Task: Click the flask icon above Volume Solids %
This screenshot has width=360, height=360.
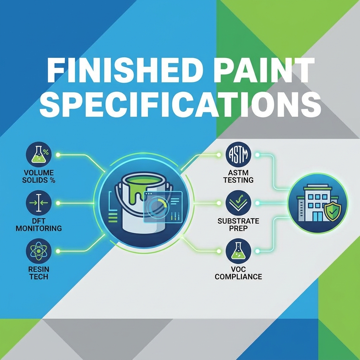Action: (x=39, y=154)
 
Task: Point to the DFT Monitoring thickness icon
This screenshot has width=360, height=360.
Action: (x=39, y=203)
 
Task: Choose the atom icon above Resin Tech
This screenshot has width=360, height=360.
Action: (x=39, y=251)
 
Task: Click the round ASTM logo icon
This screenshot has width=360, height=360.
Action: (x=238, y=154)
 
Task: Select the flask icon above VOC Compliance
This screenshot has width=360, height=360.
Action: (x=238, y=251)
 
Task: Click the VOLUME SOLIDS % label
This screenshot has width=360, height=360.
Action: (x=39, y=176)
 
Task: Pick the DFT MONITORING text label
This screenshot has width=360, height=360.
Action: (x=39, y=225)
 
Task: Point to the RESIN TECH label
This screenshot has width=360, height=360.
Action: (x=39, y=273)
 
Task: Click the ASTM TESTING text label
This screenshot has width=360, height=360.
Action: (x=238, y=176)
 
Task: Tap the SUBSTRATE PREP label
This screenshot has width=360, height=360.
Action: (x=238, y=225)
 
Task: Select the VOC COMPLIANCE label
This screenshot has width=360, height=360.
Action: (x=238, y=273)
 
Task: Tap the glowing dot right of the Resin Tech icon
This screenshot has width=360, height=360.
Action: (x=58, y=251)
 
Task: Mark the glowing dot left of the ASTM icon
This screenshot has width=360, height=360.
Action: (x=219, y=155)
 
